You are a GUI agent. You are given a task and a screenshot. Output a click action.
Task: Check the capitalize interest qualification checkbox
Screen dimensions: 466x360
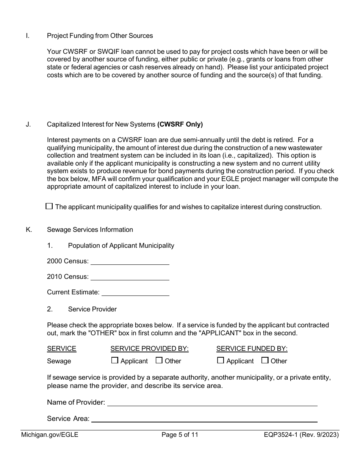coord(49,206)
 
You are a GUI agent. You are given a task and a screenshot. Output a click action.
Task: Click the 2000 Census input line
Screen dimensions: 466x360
coord(130,261)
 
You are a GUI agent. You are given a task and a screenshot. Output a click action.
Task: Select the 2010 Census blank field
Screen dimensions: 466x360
coord(130,277)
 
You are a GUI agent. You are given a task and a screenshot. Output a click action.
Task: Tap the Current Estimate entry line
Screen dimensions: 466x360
coord(135,292)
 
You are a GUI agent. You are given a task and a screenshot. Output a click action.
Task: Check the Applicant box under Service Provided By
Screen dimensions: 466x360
coord(115,361)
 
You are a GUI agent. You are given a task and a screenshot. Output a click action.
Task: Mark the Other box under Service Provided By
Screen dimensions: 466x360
coord(159,361)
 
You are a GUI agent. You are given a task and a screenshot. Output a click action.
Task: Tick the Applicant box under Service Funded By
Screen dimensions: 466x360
coord(221,361)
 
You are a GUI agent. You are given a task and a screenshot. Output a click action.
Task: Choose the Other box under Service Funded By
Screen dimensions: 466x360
coord(265,361)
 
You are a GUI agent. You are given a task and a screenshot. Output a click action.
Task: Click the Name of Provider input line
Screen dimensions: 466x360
coord(212,402)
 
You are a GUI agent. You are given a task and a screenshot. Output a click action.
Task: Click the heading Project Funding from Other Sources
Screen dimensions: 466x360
coord(100,36)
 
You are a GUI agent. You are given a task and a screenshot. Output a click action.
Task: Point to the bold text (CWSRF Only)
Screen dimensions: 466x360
coord(180,124)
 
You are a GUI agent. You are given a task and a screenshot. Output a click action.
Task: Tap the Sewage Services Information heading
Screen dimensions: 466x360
coord(90,230)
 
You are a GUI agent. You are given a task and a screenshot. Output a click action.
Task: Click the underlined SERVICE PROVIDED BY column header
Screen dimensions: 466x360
coord(149,349)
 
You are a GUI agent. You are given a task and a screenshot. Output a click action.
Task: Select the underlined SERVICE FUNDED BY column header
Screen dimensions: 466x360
coord(252,349)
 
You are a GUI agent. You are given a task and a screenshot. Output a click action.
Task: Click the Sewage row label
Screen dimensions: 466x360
coord(59,361)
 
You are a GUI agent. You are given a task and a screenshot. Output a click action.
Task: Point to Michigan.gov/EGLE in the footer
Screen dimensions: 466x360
coord(50,435)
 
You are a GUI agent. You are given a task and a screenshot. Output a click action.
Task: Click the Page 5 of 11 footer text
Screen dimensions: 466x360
coord(180,435)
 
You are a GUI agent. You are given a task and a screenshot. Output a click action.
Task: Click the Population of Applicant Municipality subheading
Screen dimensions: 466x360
coord(121,246)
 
